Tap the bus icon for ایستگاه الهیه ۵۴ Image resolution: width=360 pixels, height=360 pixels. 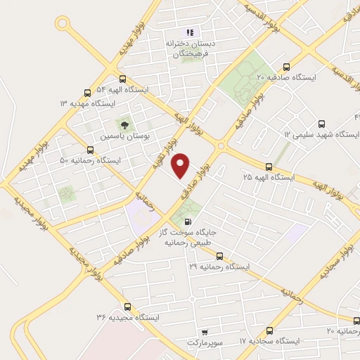pyautogui.click(x=124, y=79)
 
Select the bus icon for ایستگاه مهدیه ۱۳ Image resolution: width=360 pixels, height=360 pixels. pyautogui.click(x=88, y=92)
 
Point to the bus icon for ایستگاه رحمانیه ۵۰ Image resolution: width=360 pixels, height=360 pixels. pyautogui.click(x=89, y=150)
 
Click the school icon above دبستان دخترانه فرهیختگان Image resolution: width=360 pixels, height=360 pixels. pyautogui.click(x=188, y=32)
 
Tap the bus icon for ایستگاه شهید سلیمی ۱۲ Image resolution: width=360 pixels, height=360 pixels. pyautogui.click(x=323, y=122)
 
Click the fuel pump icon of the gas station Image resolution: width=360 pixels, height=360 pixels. pyautogui.click(x=186, y=221)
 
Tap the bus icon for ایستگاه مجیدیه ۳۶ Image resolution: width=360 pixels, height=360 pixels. pyautogui.click(x=127, y=307)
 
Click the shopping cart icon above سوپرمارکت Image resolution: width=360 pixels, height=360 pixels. pyautogui.click(x=204, y=332)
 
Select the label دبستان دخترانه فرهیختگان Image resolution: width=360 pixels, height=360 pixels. pyautogui.click(x=189, y=48)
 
